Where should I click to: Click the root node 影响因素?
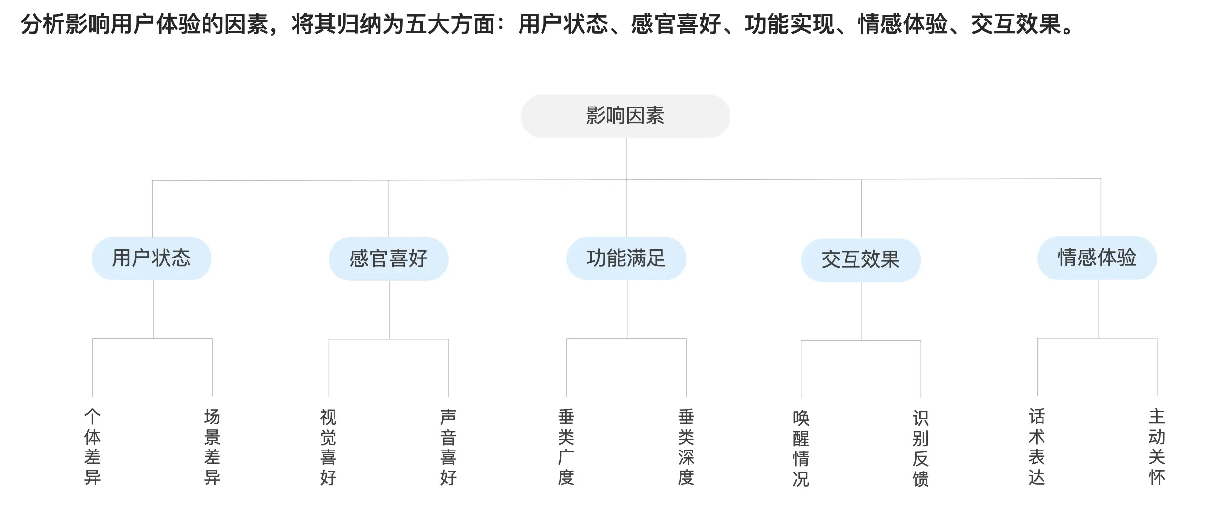(x=626, y=116)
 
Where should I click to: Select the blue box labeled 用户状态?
(x=151, y=258)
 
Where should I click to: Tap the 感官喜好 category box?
(x=389, y=259)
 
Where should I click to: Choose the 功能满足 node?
(x=626, y=258)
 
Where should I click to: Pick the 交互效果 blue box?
(x=861, y=260)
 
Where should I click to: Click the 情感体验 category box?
(x=1097, y=258)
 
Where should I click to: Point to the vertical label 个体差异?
(x=93, y=447)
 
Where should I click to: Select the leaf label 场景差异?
(x=212, y=447)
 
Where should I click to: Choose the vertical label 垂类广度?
(x=566, y=447)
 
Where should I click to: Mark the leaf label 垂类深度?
(x=686, y=447)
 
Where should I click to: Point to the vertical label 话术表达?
(x=1037, y=447)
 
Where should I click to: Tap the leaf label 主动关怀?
(x=1157, y=447)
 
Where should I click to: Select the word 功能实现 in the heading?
(x=789, y=24)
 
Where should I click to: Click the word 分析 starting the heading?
(x=42, y=24)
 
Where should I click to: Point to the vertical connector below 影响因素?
(x=626, y=159)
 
